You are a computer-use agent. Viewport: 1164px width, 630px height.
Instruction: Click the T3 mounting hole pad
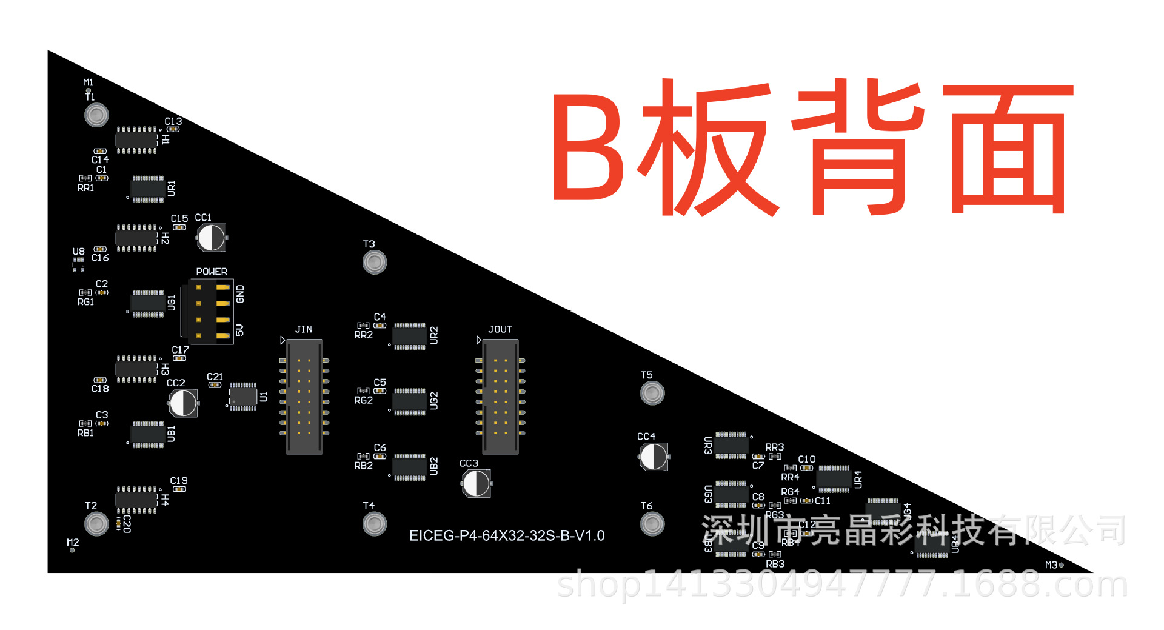pos(375,263)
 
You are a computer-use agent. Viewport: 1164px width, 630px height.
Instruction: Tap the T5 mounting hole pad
pos(652,393)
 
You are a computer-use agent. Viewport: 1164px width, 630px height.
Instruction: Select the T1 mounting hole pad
pos(96,115)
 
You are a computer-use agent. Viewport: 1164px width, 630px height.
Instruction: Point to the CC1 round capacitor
pos(212,237)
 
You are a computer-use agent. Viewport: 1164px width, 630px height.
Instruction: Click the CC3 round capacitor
pos(477,483)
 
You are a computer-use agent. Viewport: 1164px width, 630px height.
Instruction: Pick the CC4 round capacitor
pos(654,457)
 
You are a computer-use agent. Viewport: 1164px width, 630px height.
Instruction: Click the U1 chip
pos(243,397)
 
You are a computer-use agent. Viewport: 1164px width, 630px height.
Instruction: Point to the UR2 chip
pos(410,336)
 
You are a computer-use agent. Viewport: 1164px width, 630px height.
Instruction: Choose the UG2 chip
pos(410,401)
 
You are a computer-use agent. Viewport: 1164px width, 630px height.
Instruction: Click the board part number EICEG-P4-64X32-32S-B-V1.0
pos(507,536)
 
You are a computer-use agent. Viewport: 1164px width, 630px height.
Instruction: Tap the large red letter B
pos(587,147)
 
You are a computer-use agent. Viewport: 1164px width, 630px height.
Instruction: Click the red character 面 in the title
pos(1008,149)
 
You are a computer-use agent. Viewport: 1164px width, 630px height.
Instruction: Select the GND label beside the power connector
pos(240,294)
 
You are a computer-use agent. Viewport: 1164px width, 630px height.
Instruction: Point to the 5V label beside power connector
pos(240,330)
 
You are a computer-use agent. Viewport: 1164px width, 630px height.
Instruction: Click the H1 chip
pos(137,140)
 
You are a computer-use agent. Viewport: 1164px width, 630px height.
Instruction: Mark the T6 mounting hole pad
pos(652,524)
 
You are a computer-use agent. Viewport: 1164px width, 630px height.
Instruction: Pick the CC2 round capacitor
pos(183,403)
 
